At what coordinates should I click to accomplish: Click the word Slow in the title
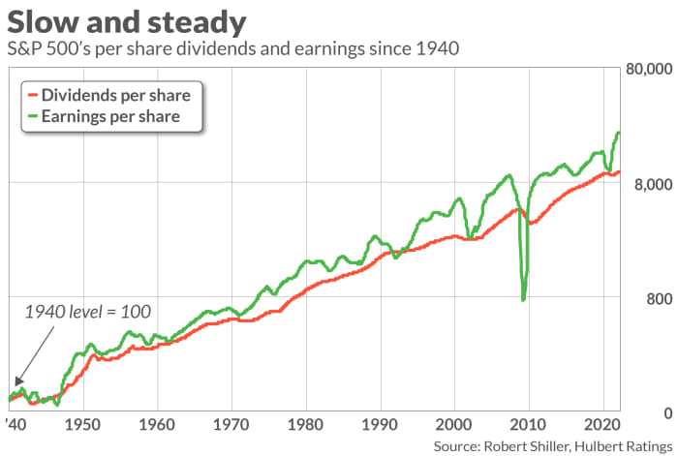(x=43, y=21)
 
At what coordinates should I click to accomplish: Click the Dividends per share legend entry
(x=108, y=95)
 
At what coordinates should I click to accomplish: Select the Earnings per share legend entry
(x=104, y=116)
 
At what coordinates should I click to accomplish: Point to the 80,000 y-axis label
(x=650, y=70)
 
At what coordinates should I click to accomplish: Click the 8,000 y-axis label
(x=653, y=185)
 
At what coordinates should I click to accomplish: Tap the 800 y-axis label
(x=660, y=298)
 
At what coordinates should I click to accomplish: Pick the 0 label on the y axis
(x=668, y=413)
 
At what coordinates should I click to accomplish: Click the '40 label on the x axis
(x=17, y=424)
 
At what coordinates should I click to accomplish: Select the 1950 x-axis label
(x=82, y=424)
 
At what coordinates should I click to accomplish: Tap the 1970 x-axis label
(x=231, y=424)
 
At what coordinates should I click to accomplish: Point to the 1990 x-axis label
(x=380, y=424)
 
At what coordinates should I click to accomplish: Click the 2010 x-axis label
(x=528, y=424)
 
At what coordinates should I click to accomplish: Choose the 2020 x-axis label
(x=602, y=424)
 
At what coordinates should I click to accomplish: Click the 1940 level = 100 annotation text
(x=88, y=312)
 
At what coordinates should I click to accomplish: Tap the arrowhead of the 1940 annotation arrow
(x=18, y=381)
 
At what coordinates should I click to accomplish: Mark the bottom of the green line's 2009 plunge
(x=523, y=299)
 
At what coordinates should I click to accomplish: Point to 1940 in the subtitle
(x=437, y=48)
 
